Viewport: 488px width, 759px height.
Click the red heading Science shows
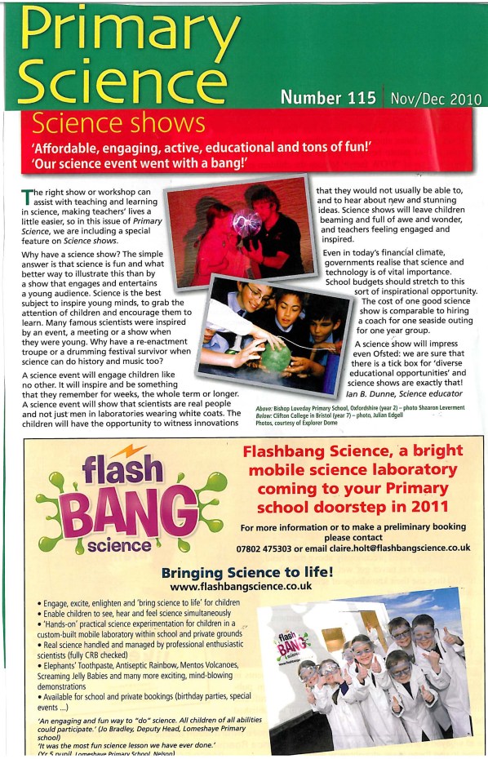tap(118, 123)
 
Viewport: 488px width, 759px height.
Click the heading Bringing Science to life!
tap(246, 572)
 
